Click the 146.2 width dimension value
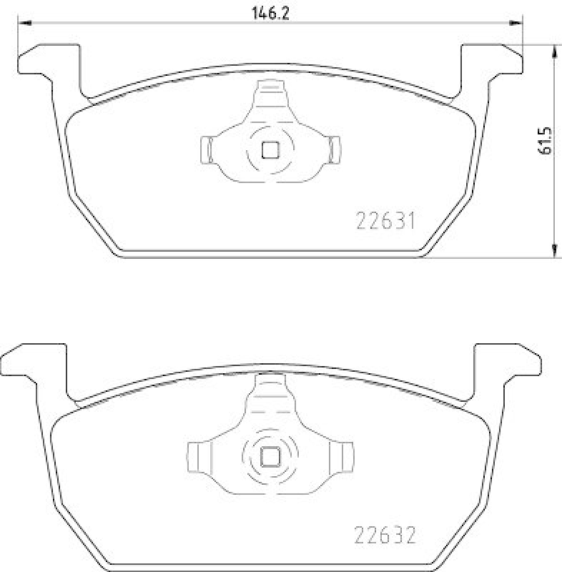pos(270,14)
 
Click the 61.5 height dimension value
pos(546,141)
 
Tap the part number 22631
pos(385,221)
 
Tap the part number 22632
pos(385,536)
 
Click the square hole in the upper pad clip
pos(270,150)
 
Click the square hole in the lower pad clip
pos(270,457)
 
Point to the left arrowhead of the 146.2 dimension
pos(25,23)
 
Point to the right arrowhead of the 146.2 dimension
pos(516,23)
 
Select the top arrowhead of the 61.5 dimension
pos(554,51)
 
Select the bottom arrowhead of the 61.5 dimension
pos(554,251)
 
